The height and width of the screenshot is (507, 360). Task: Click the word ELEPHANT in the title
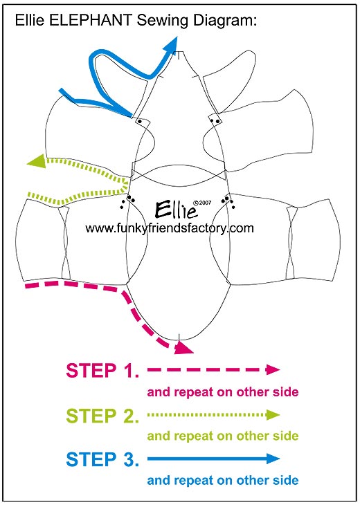coord(90,20)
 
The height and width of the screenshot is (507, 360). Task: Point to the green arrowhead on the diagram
coord(37,160)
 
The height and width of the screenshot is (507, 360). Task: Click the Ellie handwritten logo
coord(176,209)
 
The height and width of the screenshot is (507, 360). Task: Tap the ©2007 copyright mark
coord(202,203)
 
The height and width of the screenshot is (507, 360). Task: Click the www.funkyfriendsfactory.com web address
coord(170,229)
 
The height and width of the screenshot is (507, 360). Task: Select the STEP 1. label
coord(102,371)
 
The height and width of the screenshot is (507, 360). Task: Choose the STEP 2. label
coord(102,416)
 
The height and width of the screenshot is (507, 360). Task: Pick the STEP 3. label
coord(102,459)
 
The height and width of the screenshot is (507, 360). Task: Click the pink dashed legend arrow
coord(213,369)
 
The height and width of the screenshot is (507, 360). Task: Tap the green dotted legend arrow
coord(213,414)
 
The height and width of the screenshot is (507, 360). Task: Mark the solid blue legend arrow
coord(213,459)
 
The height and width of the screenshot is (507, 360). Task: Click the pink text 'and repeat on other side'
coord(223,392)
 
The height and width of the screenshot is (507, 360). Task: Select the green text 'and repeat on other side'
coord(223,436)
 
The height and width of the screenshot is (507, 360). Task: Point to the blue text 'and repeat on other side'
coord(223,480)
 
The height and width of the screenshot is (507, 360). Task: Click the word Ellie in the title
coord(30,20)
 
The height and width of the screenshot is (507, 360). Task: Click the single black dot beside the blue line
coord(140,122)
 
